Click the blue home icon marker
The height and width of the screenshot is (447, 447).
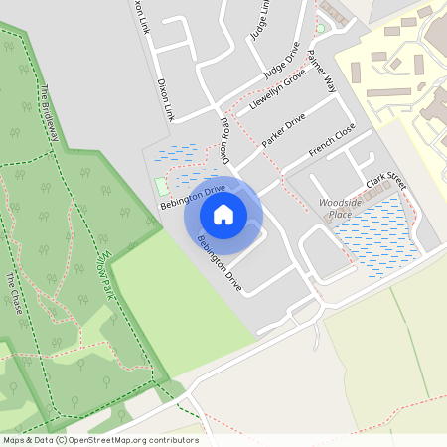(223, 215)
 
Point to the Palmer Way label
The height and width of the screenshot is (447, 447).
(323, 70)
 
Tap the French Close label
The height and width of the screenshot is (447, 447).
(331, 140)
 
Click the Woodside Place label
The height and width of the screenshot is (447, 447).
(335, 208)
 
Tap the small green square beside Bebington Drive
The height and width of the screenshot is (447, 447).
(161, 186)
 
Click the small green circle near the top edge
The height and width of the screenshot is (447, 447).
(320, 27)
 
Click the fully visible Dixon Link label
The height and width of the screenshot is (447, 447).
(165, 100)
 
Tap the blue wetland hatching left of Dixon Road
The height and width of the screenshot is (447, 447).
(179, 154)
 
